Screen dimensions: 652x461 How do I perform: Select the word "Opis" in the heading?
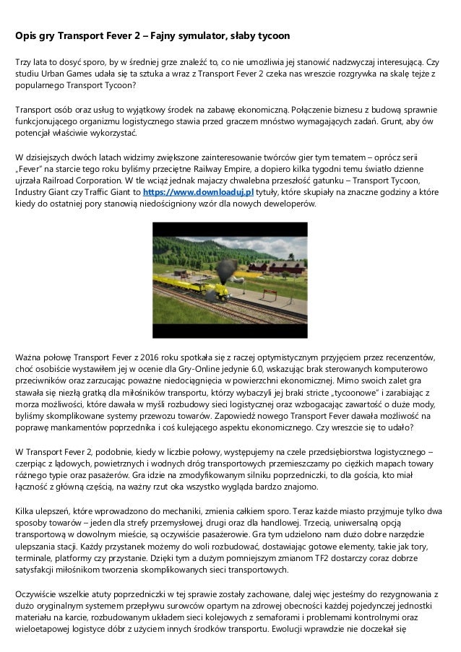[28, 35]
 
